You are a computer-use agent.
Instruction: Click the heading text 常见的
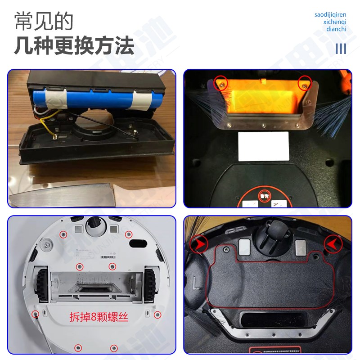[x=43, y=21]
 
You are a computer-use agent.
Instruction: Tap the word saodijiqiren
[x=330, y=14]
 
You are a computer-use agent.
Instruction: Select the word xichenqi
[x=335, y=22]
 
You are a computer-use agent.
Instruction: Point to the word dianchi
[x=337, y=29]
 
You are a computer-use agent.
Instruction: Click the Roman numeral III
[x=341, y=48]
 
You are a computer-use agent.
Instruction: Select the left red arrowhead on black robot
[x=198, y=246]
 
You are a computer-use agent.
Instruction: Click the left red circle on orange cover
[x=220, y=82]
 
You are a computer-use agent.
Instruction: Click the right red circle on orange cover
[x=305, y=83]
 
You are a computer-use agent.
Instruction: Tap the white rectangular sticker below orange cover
[x=263, y=146]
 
